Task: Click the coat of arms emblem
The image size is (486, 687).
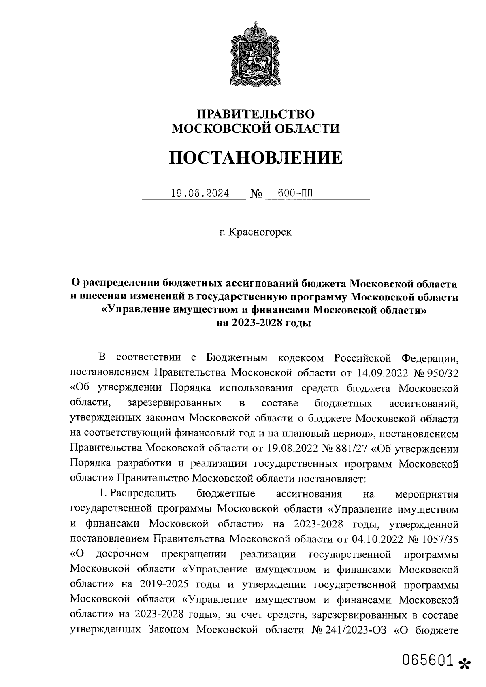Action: click(255, 55)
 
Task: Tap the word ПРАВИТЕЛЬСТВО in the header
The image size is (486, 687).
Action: click(256, 114)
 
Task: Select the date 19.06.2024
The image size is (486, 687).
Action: click(200, 194)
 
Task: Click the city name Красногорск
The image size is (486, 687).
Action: click(260, 232)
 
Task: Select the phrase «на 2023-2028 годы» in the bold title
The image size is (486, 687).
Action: click(264, 323)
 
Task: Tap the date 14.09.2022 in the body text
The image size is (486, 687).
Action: click(383, 372)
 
